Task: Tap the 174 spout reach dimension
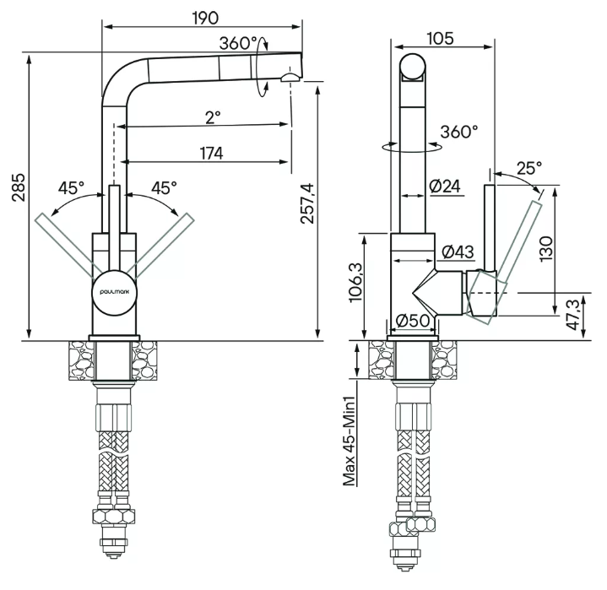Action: tap(211, 153)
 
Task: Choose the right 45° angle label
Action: tap(164, 187)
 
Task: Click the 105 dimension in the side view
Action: tap(441, 37)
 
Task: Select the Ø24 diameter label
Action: tap(444, 187)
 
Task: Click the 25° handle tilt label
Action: tap(529, 167)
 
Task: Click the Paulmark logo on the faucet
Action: tap(113, 287)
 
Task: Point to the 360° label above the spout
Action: tap(237, 43)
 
